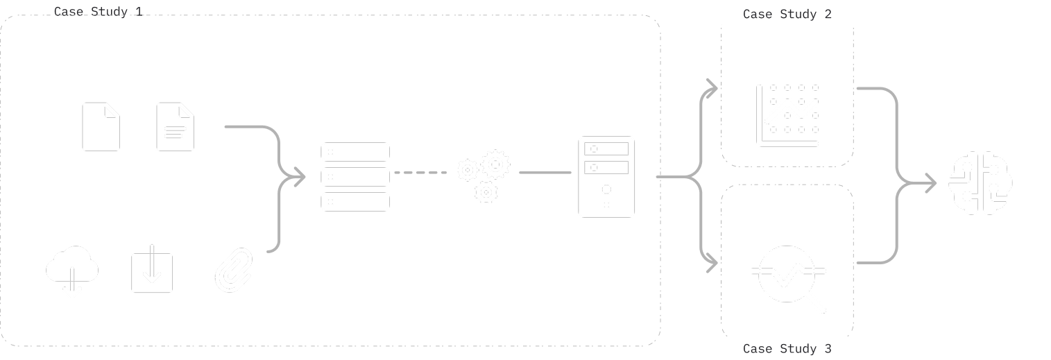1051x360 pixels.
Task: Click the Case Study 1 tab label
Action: [x=98, y=12]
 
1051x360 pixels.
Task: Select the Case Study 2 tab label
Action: [x=787, y=14]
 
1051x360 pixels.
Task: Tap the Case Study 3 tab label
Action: [x=787, y=349]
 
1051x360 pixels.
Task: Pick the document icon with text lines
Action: [x=175, y=126]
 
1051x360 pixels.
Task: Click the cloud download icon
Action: [x=71, y=271]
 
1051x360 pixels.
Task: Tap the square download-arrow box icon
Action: [x=152, y=272]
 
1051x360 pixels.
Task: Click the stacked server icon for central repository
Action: [x=355, y=177]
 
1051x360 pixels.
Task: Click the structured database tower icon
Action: [x=606, y=176]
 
